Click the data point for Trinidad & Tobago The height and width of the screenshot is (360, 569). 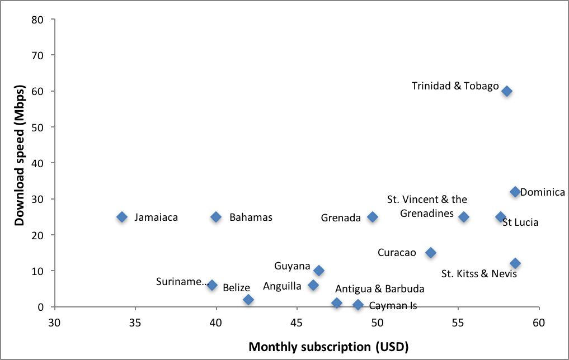point(507,91)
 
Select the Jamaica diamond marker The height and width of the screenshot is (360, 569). point(122,217)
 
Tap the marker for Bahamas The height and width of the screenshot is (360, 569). point(216,217)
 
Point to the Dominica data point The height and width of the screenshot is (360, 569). point(515,192)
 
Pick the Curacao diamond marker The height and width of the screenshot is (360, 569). point(430,253)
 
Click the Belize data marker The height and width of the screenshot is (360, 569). point(248,300)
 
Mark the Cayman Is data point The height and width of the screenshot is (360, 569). point(358,305)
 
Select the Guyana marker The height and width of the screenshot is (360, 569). point(319,271)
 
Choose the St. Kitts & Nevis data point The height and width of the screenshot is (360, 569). point(515,263)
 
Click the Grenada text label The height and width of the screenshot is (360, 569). point(341,218)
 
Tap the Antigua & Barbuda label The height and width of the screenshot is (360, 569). point(379,289)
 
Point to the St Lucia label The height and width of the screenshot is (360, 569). point(520,222)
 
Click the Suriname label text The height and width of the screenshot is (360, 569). point(182,281)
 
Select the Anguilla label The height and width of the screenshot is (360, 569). point(282,286)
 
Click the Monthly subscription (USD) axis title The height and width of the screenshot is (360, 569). point(328,347)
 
